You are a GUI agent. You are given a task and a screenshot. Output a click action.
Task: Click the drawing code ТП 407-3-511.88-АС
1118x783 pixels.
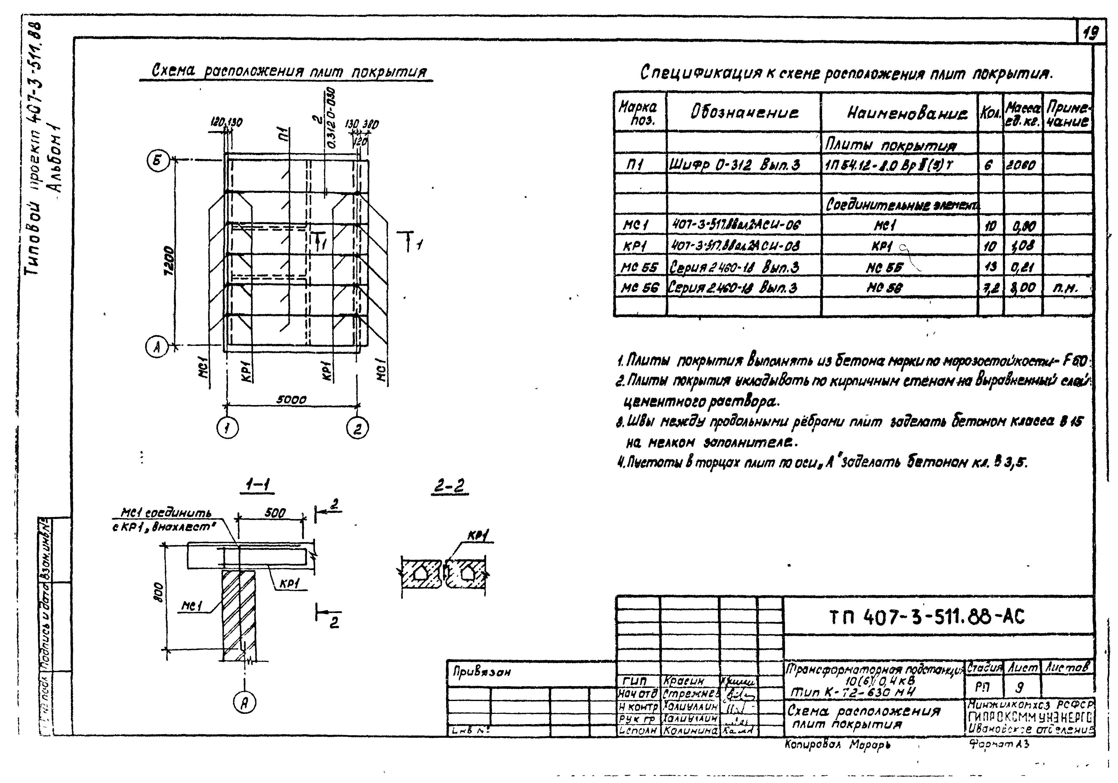928,617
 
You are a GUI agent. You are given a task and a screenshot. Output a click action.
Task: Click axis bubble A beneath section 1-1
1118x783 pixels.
245,702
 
